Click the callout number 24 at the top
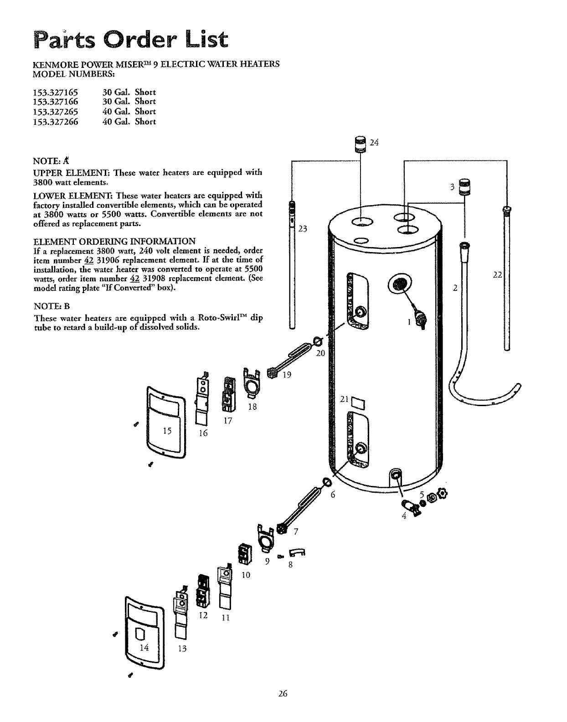point(374,143)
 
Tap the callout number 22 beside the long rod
point(498,274)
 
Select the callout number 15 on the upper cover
point(167,431)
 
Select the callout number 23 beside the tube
point(303,229)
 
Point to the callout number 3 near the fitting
point(453,186)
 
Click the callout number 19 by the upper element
point(287,375)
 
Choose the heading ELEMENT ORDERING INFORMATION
point(115,241)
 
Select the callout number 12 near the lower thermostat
point(203,615)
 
